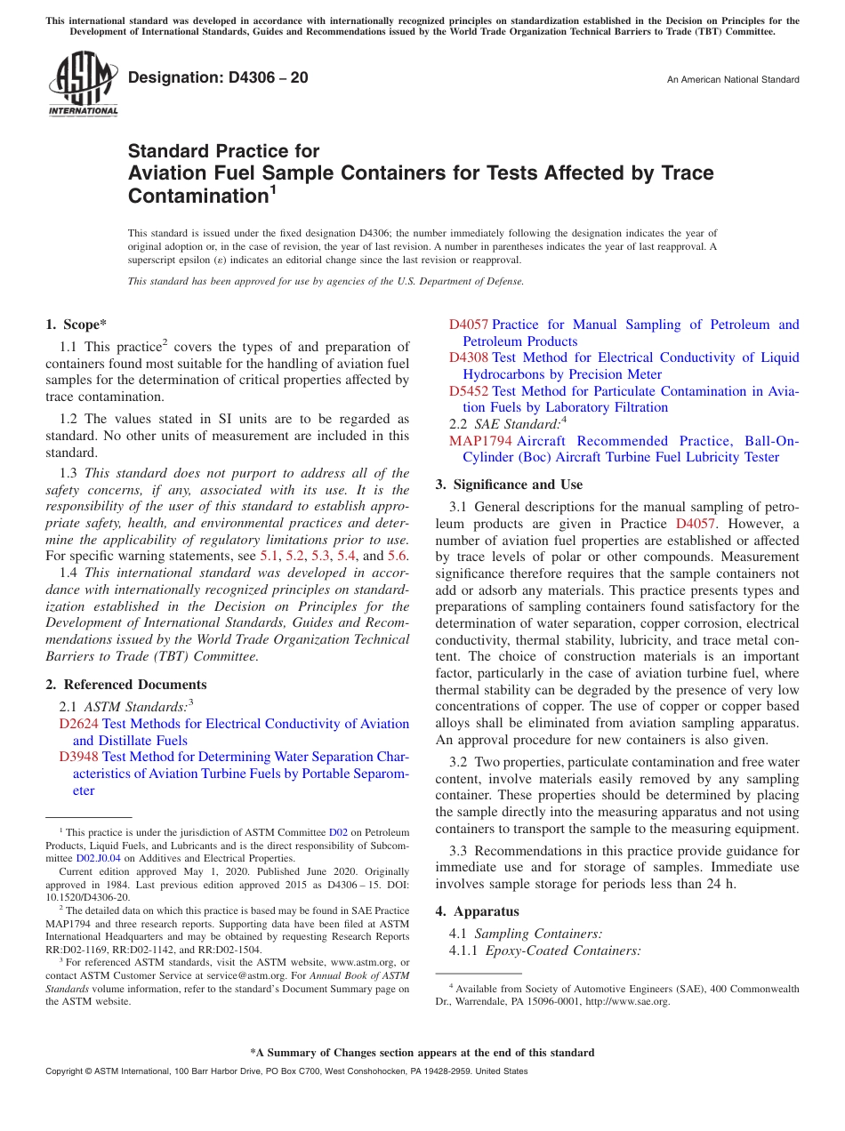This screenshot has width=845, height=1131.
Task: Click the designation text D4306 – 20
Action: (218, 77)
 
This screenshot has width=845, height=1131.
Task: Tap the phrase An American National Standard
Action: (733, 80)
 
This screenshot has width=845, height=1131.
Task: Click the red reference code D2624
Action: (78, 724)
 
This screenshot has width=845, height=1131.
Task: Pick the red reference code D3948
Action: (78, 757)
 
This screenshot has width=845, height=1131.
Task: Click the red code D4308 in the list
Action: (468, 357)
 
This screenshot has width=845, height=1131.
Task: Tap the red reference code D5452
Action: (468, 390)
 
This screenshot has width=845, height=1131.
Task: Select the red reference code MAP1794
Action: (480, 441)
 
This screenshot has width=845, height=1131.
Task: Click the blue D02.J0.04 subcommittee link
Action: (98, 858)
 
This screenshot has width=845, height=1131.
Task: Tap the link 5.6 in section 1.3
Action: (397, 556)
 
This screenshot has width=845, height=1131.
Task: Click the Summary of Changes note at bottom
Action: (422, 1053)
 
